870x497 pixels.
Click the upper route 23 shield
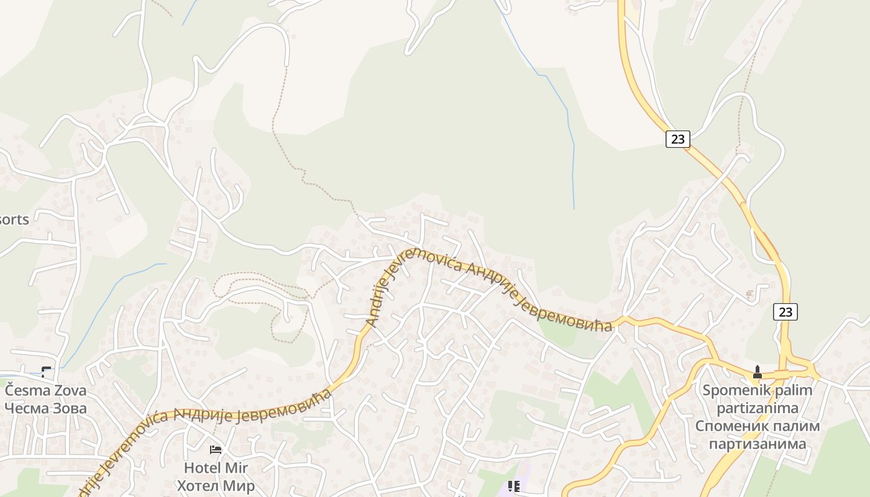pyautogui.click(x=677, y=139)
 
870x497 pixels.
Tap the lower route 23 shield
pyautogui.click(x=785, y=311)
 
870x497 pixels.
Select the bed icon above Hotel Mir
pyautogui.click(x=216, y=449)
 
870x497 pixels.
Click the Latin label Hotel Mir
pyautogui.click(x=216, y=467)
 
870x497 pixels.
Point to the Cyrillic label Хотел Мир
pyautogui.click(x=216, y=485)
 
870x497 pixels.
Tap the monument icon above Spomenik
pyautogui.click(x=757, y=373)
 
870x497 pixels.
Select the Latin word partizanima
pyautogui.click(x=757, y=408)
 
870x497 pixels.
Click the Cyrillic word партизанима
pyautogui.click(x=757, y=444)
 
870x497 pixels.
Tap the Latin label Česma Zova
pyautogui.click(x=45, y=391)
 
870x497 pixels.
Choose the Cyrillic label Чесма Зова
pyautogui.click(x=45, y=408)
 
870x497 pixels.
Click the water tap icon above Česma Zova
pyautogui.click(x=46, y=372)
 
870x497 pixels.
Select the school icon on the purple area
pyautogui.click(x=513, y=486)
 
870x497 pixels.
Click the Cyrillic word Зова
pyautogui.click(x=68, y=408)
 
